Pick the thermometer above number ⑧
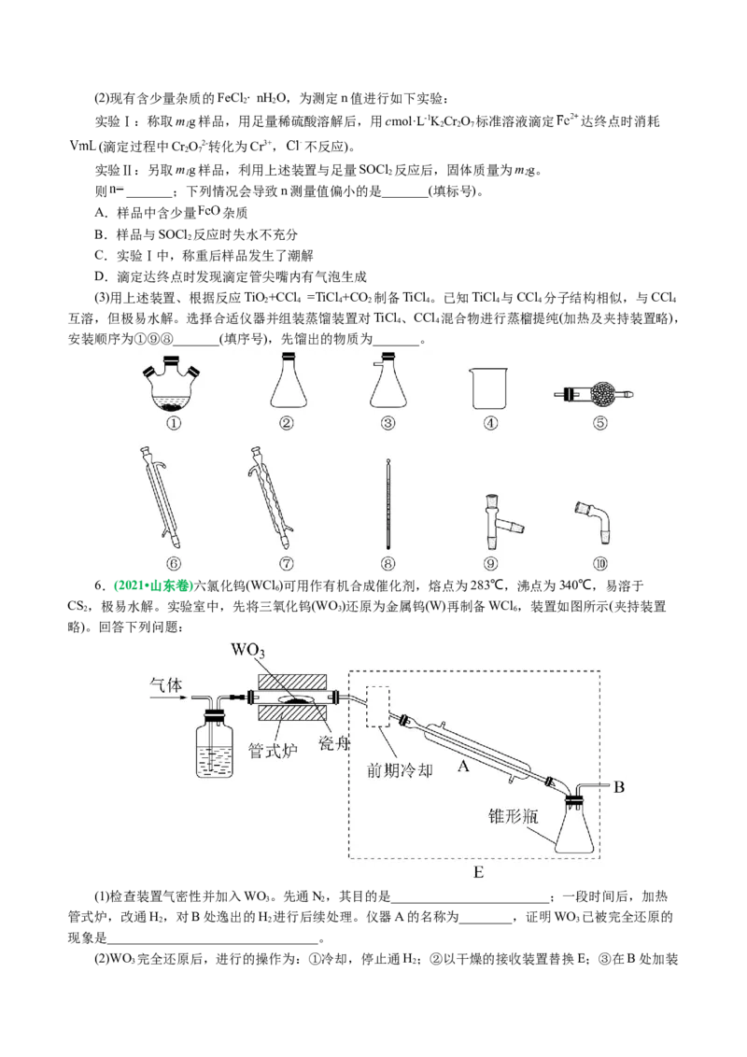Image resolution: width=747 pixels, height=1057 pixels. tap(388, 504)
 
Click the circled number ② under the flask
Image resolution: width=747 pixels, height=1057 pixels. tap(287, 422)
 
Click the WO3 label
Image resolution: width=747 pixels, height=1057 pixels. tap(253, 650)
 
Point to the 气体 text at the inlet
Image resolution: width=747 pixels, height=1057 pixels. tap(168, 684)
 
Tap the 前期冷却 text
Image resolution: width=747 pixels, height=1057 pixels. tap(402, 770)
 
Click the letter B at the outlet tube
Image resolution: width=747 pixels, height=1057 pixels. tap(618, 787)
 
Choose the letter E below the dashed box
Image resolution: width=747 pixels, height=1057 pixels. tap(478, 872)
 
